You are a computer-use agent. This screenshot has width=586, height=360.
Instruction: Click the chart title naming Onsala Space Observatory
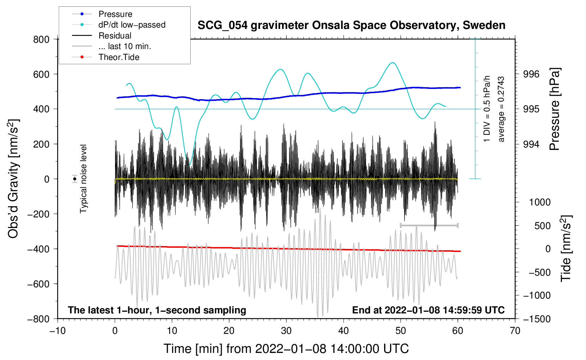[351, 25]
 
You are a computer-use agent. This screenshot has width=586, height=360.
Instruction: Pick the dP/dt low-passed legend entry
[132, 25]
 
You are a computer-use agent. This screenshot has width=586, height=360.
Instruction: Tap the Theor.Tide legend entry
[119, 57]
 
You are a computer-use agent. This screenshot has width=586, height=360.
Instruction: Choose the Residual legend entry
[115, 36]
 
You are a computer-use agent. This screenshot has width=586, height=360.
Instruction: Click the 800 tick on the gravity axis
[41, 39]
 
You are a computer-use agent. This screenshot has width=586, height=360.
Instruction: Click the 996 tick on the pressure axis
[531, 74]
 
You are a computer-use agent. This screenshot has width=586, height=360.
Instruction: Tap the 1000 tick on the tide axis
[539, 202]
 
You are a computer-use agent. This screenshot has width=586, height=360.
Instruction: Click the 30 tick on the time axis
[286, 331]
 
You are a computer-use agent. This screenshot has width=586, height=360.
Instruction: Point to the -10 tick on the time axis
[58, 331]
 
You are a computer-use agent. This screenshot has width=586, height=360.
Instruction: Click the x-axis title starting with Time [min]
[286, 349]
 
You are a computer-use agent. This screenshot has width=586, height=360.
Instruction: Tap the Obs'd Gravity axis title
[13, 179]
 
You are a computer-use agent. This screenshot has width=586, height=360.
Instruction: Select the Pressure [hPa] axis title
[555, 109]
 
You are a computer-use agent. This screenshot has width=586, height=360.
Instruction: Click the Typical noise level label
[83, 179]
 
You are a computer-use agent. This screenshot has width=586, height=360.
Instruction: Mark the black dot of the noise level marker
[75, 179]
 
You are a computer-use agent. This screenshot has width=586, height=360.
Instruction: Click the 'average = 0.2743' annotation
[501, 109]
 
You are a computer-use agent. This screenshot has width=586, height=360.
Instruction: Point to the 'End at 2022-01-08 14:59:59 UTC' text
[428, 310]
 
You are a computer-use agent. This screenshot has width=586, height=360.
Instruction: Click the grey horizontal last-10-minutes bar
[429, 225]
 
